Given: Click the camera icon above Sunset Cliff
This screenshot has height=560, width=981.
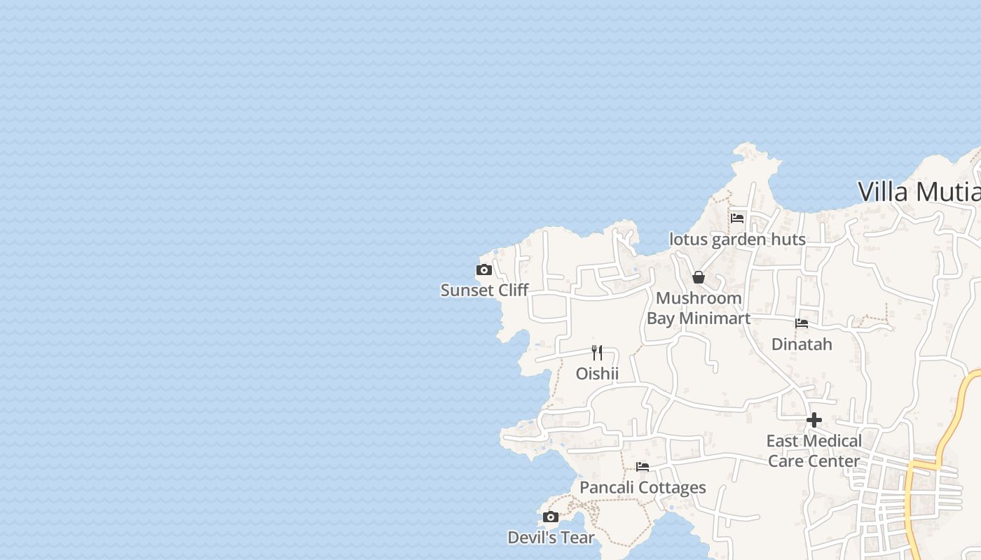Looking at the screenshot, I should pyautogui.click(x=483, y=270).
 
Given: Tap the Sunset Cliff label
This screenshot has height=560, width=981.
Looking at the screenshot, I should pyautogui.click(x=484, y=290).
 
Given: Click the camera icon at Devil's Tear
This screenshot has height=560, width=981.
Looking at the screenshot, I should pyautogui.click(x=551, y=517).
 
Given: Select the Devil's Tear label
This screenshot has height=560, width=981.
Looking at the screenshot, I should pyautogui.click(x=551, y=538).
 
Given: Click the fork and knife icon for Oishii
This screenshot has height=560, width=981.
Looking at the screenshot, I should pyautogui.click(x=597, y=352).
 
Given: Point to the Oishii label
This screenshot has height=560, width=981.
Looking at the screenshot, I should pyautogui.click(x=597, y=374).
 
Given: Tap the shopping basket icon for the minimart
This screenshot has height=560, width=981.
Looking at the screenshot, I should pyautogui.click(x=698, y=277).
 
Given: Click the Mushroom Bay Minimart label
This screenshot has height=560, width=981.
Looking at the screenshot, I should pyautogui.click(x=698, y=308).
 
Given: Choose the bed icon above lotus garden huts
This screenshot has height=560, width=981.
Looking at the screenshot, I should pyautogui.click(x=737, y=218).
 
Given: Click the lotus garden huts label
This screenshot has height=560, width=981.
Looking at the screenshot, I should pyautogui.click(x=737, y=239).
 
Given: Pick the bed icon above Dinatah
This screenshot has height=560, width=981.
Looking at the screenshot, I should pyautogui.click(x=802, y=323).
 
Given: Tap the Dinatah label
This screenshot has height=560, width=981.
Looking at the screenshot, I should pyautogui.click(x=802, y=344).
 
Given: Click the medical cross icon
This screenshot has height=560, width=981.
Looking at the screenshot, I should pyautogui.click(x=814, y=420).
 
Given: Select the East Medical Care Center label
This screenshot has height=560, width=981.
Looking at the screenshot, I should pyautogui.click(x=814, y=451).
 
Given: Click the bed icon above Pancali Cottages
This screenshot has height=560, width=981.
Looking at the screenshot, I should pyautogui.click(x=643, y=467).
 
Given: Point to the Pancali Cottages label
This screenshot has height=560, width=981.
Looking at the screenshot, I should pyautogui.click(x=643, y=488).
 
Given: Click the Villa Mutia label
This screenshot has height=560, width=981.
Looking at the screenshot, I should pyautogui.click(x=919, y=192).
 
